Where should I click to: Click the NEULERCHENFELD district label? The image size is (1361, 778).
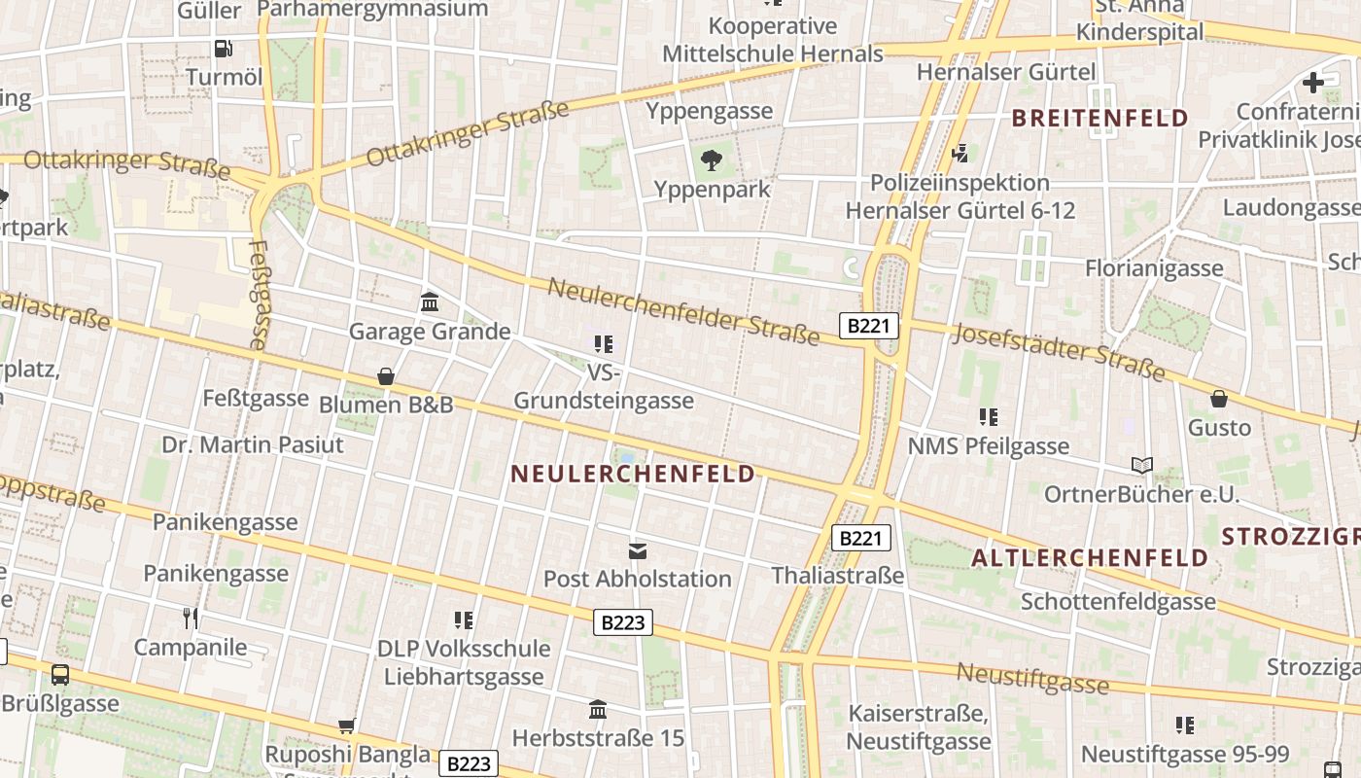click(632, 474)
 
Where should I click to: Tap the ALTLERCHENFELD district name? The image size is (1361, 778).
click(1089, 558)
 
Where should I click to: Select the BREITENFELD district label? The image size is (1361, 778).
click(1099, 119)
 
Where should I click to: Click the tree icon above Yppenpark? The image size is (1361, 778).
click(712, 160)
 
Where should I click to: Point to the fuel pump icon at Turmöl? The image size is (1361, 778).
click(224, 49)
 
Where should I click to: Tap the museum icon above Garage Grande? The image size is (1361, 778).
click(430, 302)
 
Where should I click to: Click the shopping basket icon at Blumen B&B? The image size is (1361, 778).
click(386, 376)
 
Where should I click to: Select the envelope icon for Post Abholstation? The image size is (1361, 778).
click(637, 551)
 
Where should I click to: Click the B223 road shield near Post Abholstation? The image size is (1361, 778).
click(623, 622)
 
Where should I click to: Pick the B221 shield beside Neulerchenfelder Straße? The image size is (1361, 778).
click(868, 326)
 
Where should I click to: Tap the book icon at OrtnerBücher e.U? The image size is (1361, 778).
click(1142, 466)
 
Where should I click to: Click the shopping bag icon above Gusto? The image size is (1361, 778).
click(1219, 399)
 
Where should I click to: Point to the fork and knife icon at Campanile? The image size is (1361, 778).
click(191, 618)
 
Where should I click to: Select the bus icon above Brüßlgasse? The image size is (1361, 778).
click(60, 674)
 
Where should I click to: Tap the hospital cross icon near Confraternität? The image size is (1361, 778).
click(1313, 83)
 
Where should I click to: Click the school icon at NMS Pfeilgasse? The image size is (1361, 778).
click(989, 417)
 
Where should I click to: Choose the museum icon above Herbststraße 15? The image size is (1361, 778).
click(598, 709)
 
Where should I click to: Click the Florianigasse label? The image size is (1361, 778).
click(1154, 268)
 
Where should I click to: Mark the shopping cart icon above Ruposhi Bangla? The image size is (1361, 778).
click(347, 725)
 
